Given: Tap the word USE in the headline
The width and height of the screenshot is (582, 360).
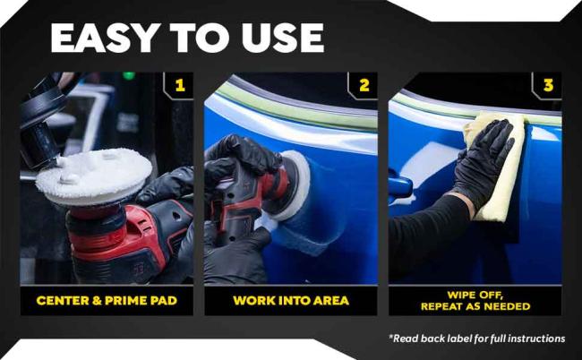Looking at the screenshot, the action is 282,38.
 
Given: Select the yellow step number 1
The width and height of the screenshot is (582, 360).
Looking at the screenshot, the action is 180,85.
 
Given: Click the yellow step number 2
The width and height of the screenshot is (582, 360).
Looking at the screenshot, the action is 364,85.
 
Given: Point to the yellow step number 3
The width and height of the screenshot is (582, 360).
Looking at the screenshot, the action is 548,85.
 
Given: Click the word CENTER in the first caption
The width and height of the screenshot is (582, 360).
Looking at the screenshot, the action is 62,300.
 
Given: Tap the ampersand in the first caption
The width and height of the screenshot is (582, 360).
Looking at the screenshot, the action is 97,300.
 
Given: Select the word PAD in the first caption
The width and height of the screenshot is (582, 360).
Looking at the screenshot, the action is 163,300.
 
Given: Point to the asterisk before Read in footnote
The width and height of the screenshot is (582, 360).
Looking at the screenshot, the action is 390,336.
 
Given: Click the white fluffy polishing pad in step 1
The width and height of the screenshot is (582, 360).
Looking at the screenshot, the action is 94,176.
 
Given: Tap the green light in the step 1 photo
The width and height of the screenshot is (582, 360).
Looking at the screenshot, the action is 129,75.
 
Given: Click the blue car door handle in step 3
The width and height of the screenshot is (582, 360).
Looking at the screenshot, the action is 400,184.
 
